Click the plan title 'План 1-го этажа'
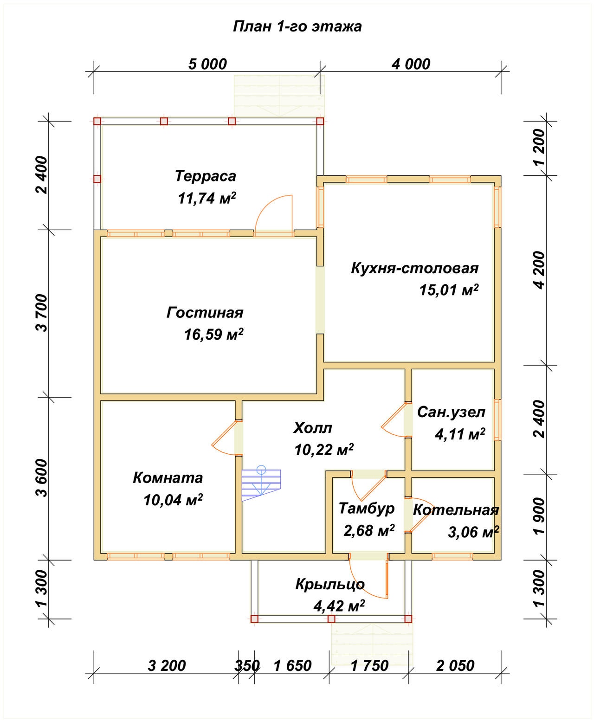click(x=297, y=27)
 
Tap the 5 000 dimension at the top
click(x=207, y=64)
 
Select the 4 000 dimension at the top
click(x=411, y=64)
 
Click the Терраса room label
click(x=206, y=176)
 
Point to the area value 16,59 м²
click(x=213, y=334)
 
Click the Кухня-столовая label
click(x=414, y=268)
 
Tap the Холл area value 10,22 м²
click(x=324, y=450)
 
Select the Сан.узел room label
click(x=451, y=412)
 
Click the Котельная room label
click(x=456, y=510)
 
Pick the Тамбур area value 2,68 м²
click(x=369, y=531)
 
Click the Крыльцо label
click(x=330, y=584)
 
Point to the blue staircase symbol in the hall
click(x=261, y=483)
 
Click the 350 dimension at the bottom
click(x=247, y=666)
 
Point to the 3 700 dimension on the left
click(x=42, y=313)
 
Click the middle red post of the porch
click(x=331, y=619)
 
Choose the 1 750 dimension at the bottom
click(x=370, y=666)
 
